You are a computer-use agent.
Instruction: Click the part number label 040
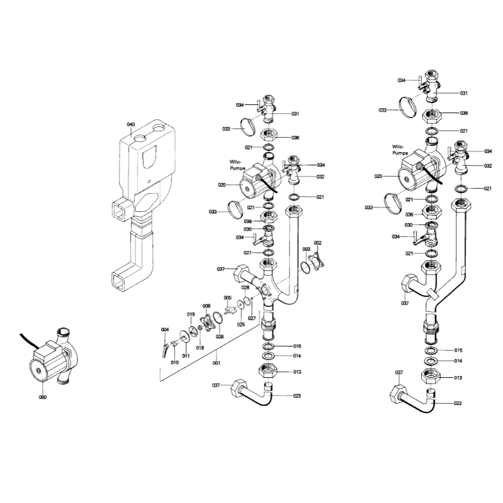coord(131,124)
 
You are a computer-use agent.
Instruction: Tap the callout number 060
coord(43,397)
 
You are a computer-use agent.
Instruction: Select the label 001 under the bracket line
coord(216,363)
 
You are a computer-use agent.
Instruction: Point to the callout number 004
coord(165,329)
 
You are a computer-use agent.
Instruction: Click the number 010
coord(175,363)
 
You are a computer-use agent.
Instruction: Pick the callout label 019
coord(191,314)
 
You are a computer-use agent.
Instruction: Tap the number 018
coord(200,348)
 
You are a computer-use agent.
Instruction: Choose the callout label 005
coord(228,298)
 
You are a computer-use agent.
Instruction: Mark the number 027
coord(252,318)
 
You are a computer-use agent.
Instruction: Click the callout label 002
coord(318,243)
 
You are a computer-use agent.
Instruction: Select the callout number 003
coord(306,249)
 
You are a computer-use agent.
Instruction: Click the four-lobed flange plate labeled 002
coord(316,262)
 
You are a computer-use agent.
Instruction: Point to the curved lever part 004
coord(165,350)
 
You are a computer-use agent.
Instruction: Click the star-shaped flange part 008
coord(207,323)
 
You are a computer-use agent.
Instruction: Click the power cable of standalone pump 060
coord(29,341)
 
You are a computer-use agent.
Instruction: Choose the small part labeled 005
coord(229,309)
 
